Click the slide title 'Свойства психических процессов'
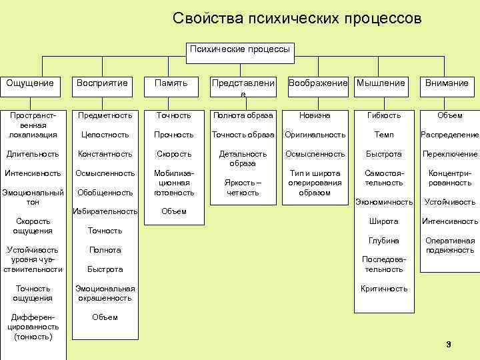pos(297,18)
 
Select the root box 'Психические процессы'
pos(239,49)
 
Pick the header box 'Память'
pos(171,83)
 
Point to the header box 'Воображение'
pos(317,83)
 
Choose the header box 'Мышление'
pos(381,83)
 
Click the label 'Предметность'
pos(105,115)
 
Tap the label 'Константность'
pos(105,154)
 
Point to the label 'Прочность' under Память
pos(175,135)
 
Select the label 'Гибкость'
pos(384,115)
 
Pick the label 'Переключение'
pos(450,154)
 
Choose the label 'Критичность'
pos(384,289)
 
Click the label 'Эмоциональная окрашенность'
pos(105,293)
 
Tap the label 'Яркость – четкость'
pos(243,188)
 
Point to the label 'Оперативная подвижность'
pos(450,245)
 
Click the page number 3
pos(448,344)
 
